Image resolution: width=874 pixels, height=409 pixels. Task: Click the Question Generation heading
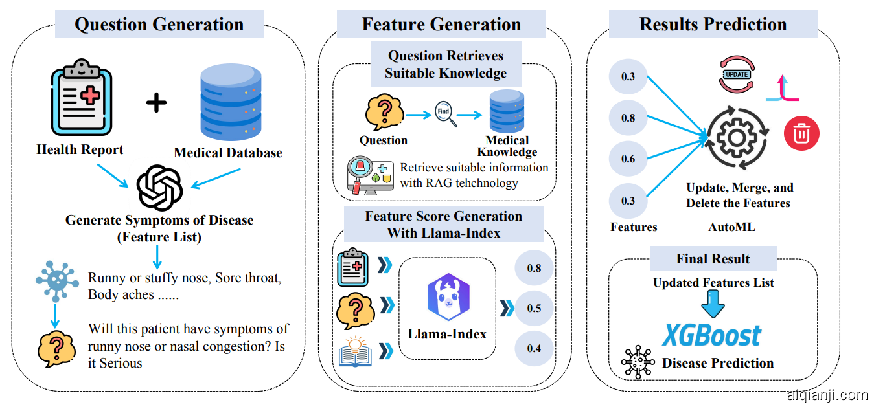[x=159, y=25]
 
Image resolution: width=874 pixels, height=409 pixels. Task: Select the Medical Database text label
[x=228, y=153]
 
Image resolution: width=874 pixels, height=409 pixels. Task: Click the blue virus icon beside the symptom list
[x=57, y=280]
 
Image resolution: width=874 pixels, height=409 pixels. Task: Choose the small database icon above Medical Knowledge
[x=507, y=111]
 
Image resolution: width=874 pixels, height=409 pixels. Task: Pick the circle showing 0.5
[x=534, y=308]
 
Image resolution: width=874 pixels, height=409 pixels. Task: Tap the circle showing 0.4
[x=534, y=349]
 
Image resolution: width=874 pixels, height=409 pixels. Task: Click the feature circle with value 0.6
[x=628, y=159]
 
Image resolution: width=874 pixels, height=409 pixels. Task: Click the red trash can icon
[x=801, y=133]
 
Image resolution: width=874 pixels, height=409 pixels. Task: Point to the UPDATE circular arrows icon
[x=737, y=74]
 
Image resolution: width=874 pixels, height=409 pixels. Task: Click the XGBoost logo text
[x=711, y=336]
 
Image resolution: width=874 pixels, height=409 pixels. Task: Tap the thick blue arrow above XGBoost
[x=713, y=304]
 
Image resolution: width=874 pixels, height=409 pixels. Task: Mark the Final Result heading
[x=713, y=259]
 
